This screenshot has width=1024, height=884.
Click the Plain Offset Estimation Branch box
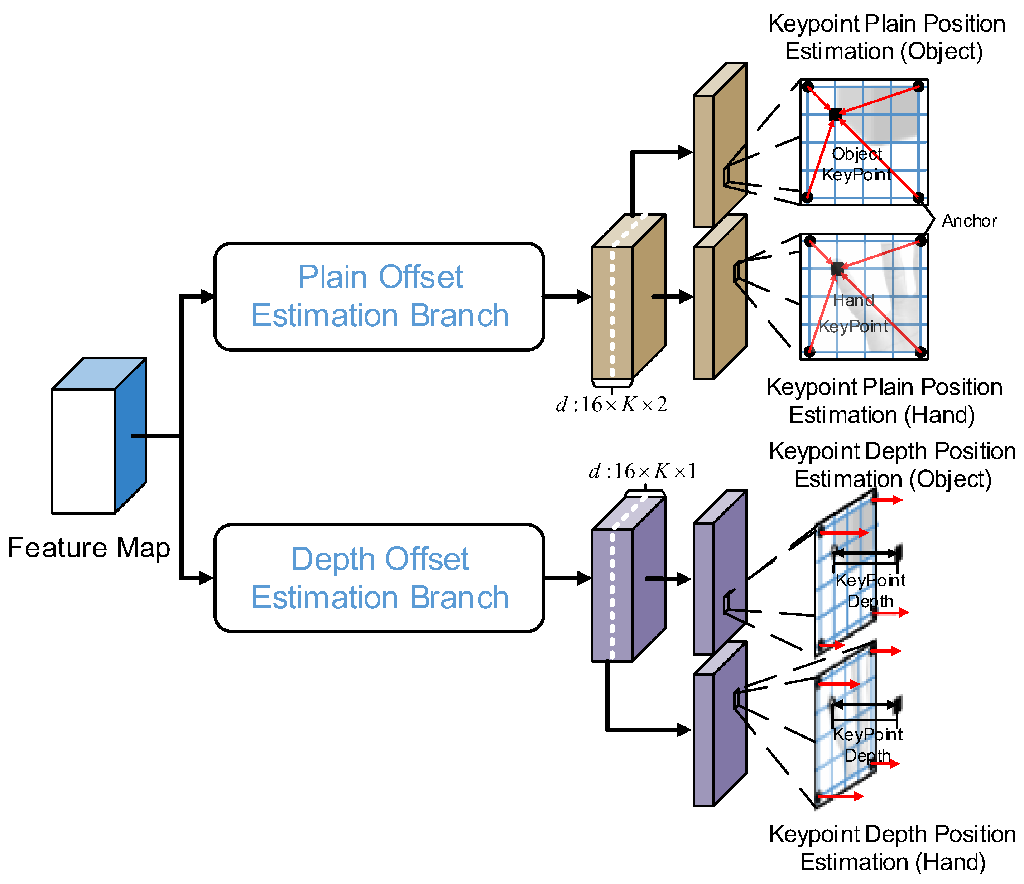pos(379,296)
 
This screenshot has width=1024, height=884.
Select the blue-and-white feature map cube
pos(99,435)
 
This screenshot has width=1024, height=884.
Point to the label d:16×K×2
pos(611,405)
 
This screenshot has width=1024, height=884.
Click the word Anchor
pos(969,221)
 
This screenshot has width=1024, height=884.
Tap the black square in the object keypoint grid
pos(835,115)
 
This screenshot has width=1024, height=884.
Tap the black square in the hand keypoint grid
pos(837,269)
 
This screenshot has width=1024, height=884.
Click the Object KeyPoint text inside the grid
pos(857,164)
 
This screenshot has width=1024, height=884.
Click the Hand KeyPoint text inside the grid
pos(854,313)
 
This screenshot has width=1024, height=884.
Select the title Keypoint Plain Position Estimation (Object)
pos(886,38)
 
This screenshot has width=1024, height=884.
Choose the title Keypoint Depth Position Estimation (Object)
pos(893,465)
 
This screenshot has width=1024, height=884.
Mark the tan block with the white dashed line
pos(629,296)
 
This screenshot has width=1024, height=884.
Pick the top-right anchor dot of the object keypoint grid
pos(919,87)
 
